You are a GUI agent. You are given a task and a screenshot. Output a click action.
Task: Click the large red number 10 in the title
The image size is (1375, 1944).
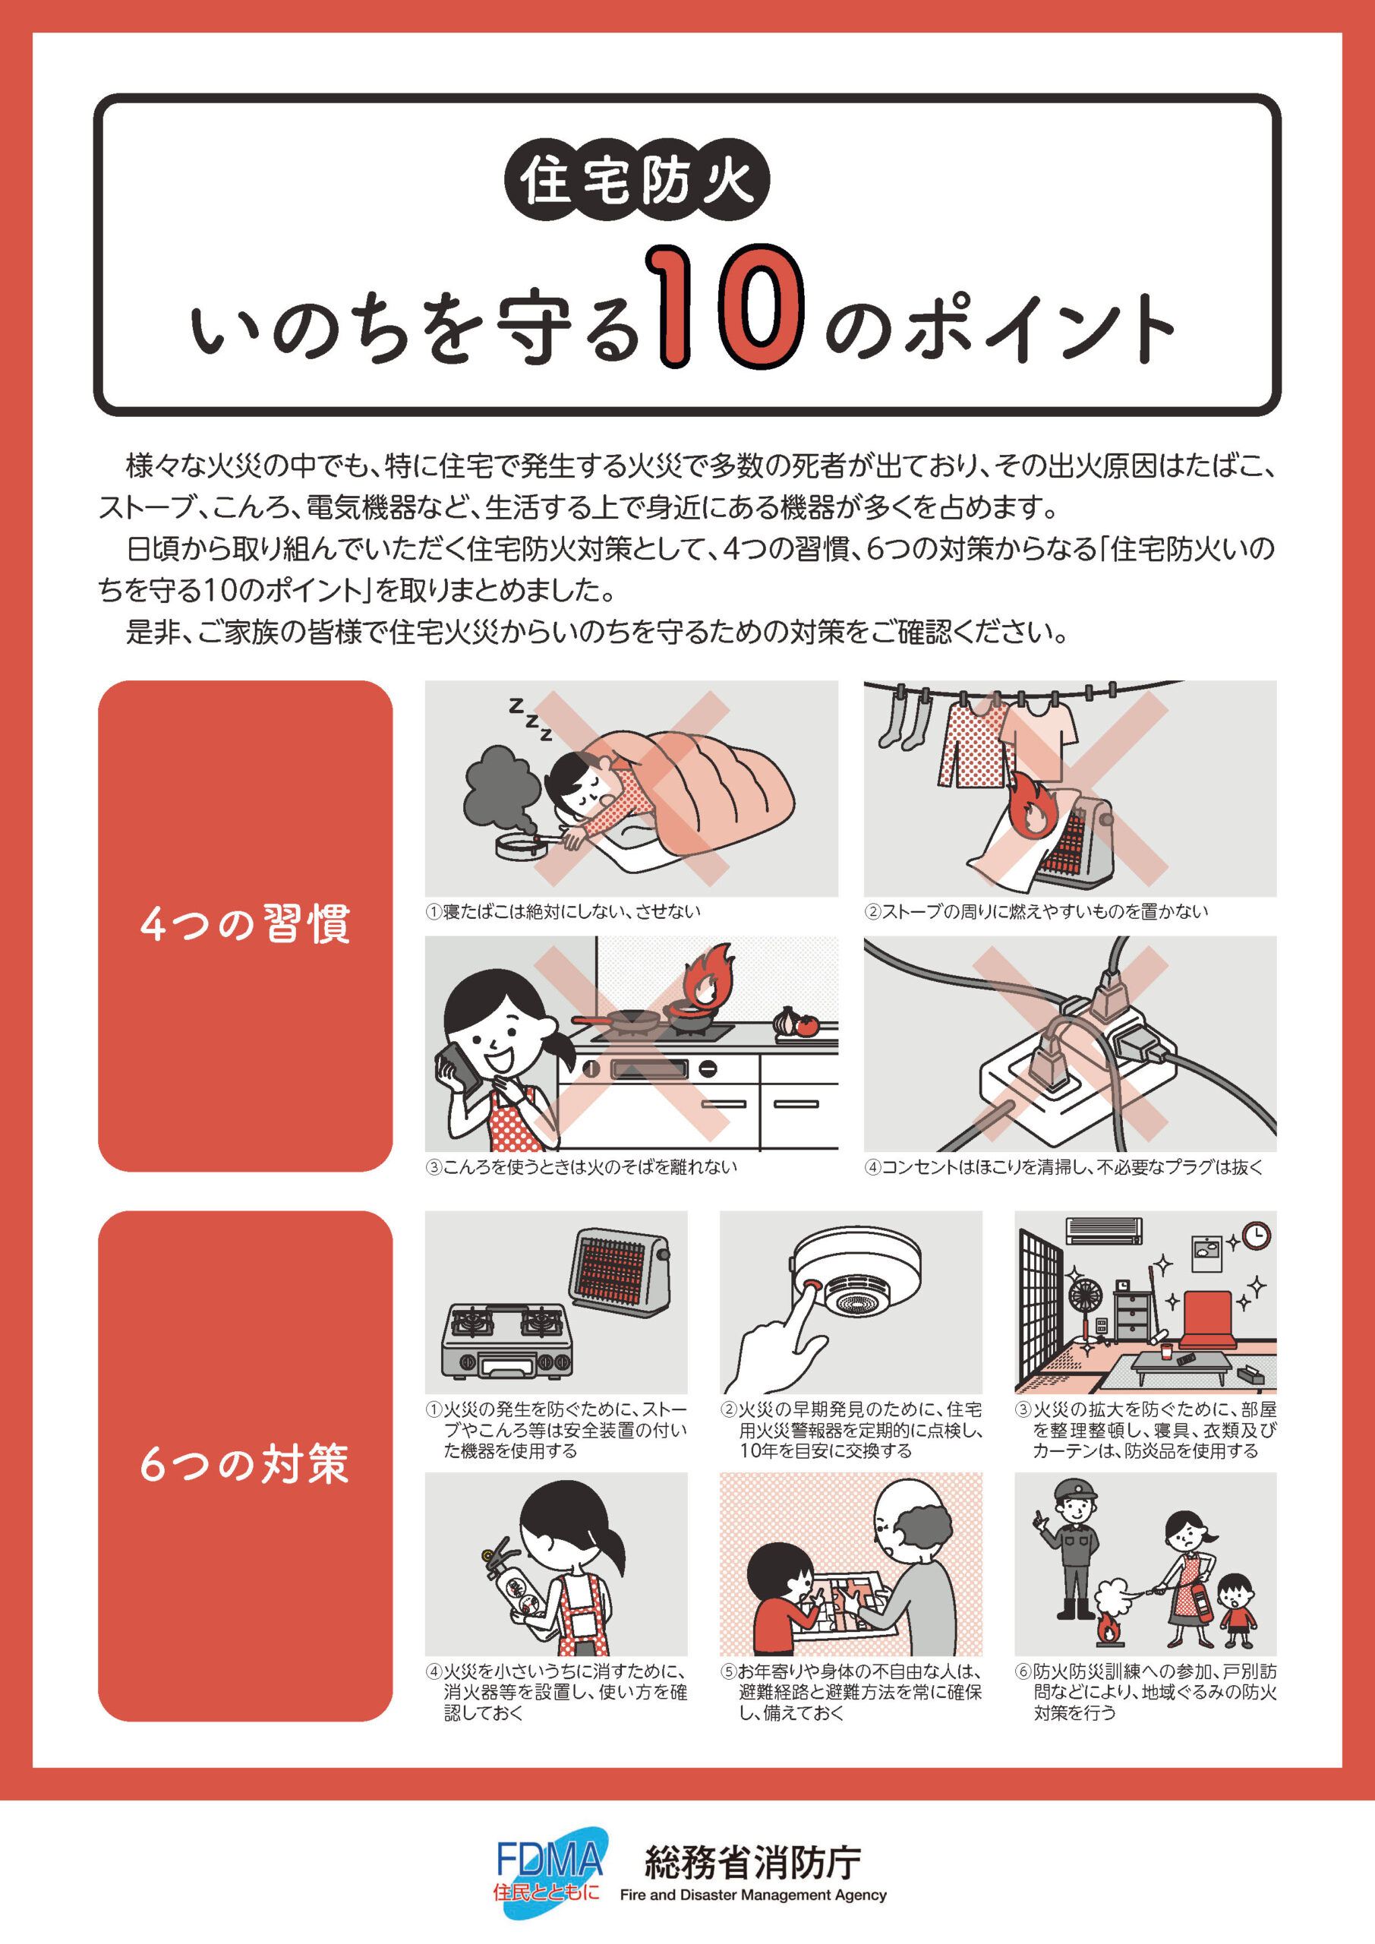coord(723,307)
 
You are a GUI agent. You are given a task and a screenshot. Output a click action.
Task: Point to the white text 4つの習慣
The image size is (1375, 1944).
coord(245,923)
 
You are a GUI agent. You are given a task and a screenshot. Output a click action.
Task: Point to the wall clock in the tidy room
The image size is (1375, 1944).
coord(1257,1236)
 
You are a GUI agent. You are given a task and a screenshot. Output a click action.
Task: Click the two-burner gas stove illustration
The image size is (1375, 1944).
coord(507,1340)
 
